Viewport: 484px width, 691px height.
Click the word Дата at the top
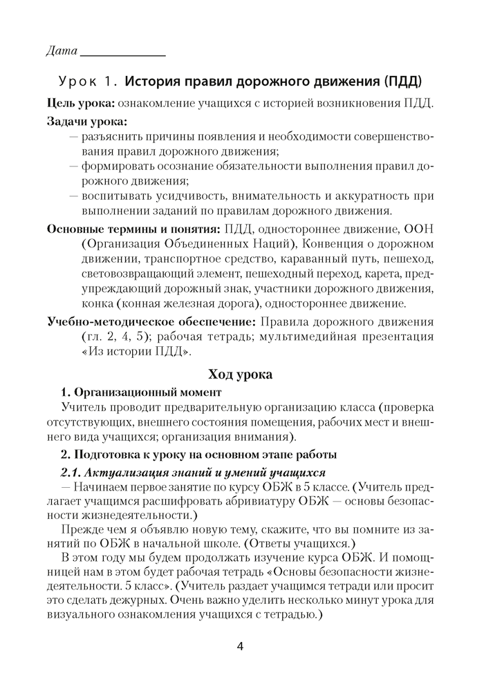(61, 51)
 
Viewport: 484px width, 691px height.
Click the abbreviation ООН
(420, 229)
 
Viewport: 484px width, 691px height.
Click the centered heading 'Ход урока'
(241, 375)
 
